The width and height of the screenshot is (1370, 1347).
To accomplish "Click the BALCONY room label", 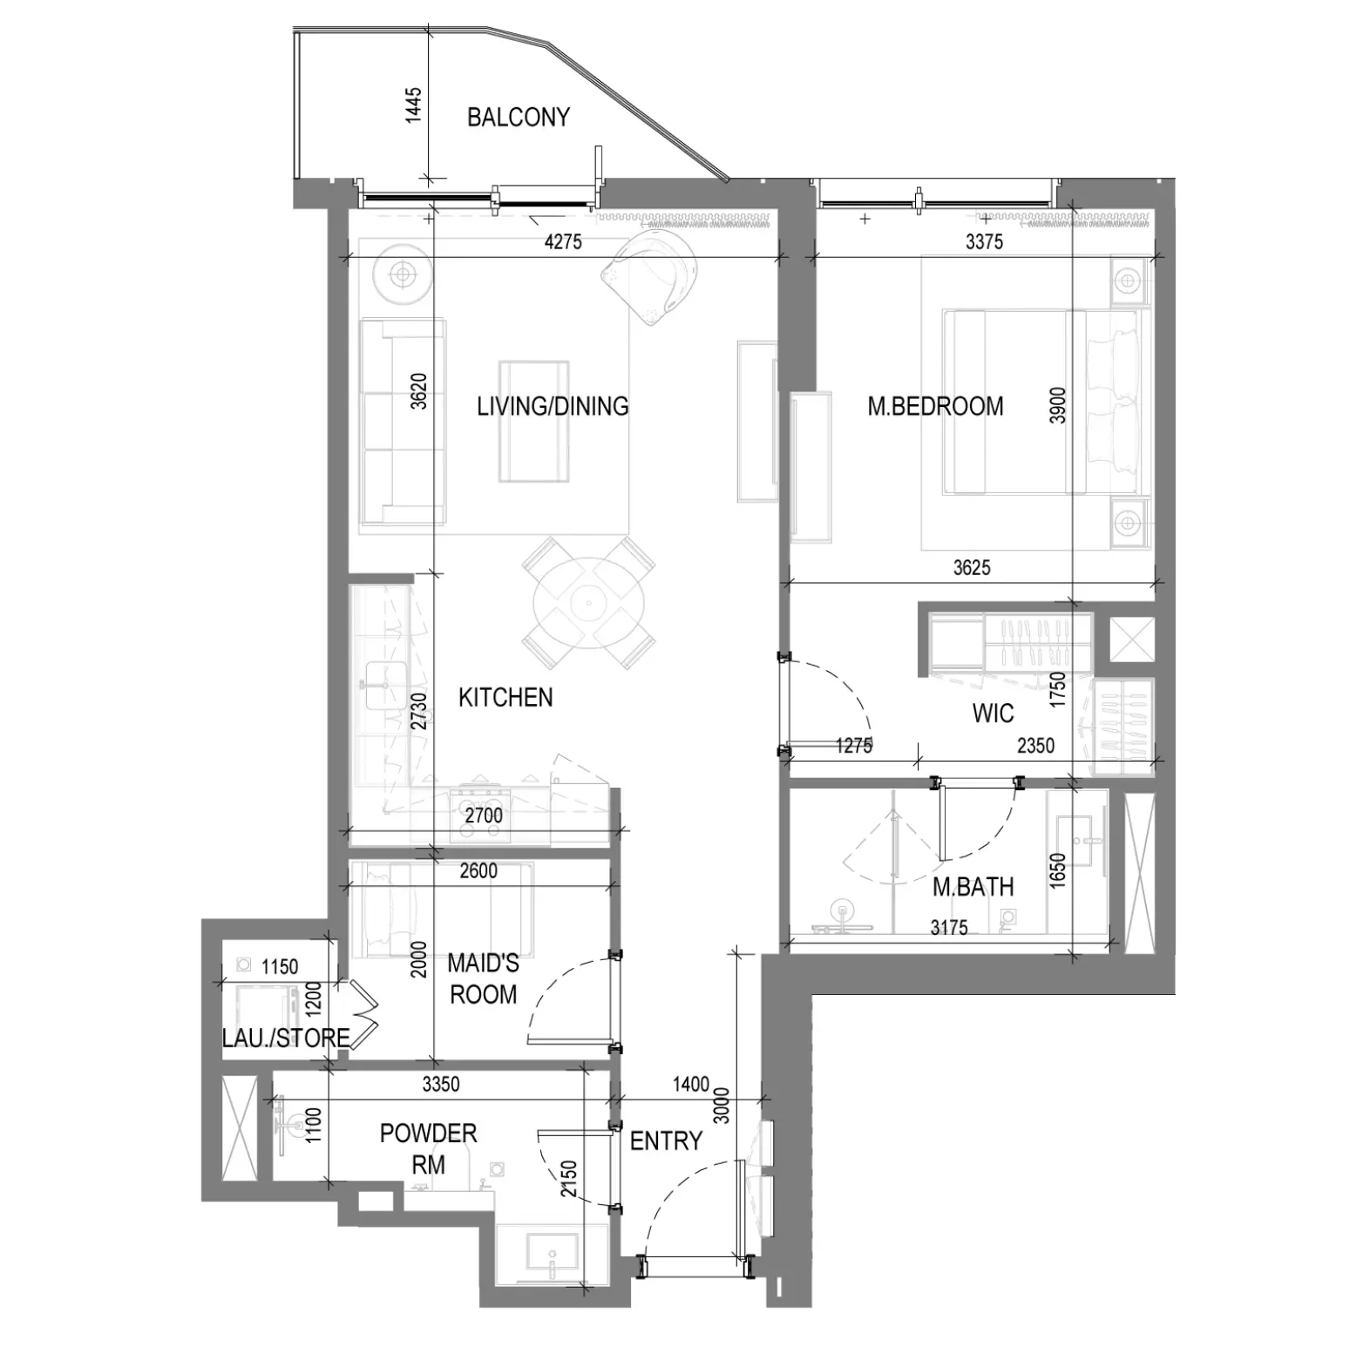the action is pyautogui.click(x=518, y=117).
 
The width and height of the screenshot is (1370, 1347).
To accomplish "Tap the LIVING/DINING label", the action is pyautogui.click(x=553, y=406).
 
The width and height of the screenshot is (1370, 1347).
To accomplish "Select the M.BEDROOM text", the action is pyautogui.click(x=935, y=406).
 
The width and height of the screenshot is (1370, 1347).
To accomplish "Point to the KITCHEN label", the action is pyautogui.click(x=505, y=697).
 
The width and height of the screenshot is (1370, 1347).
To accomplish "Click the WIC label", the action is pyautogui.click(x=993, y=714).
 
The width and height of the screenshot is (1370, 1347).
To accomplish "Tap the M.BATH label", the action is pyautogui.click(x=973, y=887).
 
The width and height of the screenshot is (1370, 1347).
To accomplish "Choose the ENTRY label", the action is pyautogui.click(x=666, y=1141).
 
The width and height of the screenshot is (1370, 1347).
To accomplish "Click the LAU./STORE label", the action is pyautogui.click(x=286, y=1038).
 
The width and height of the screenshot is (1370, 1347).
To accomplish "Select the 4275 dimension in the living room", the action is pyautogui.click(x=563, y=242).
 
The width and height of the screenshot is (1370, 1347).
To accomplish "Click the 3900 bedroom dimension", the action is pyautogui.click(x=1057, y=405).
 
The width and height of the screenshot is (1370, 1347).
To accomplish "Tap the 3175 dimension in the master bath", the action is pyautogui.click(x=949, y=928).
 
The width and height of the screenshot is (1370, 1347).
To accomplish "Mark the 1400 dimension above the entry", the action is pyautogui.click(x=691, y=1084).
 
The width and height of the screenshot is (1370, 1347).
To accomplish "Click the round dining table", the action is pyautogui.click(x=588, y=602).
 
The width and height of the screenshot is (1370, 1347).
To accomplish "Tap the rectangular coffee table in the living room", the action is pyautogui.click(x=534, y=422).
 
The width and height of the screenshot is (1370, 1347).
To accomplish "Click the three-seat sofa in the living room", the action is pyautogui.click(x=404, y=422).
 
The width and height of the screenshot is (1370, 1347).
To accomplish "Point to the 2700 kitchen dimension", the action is pyautogui.click(x=484, y=816).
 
